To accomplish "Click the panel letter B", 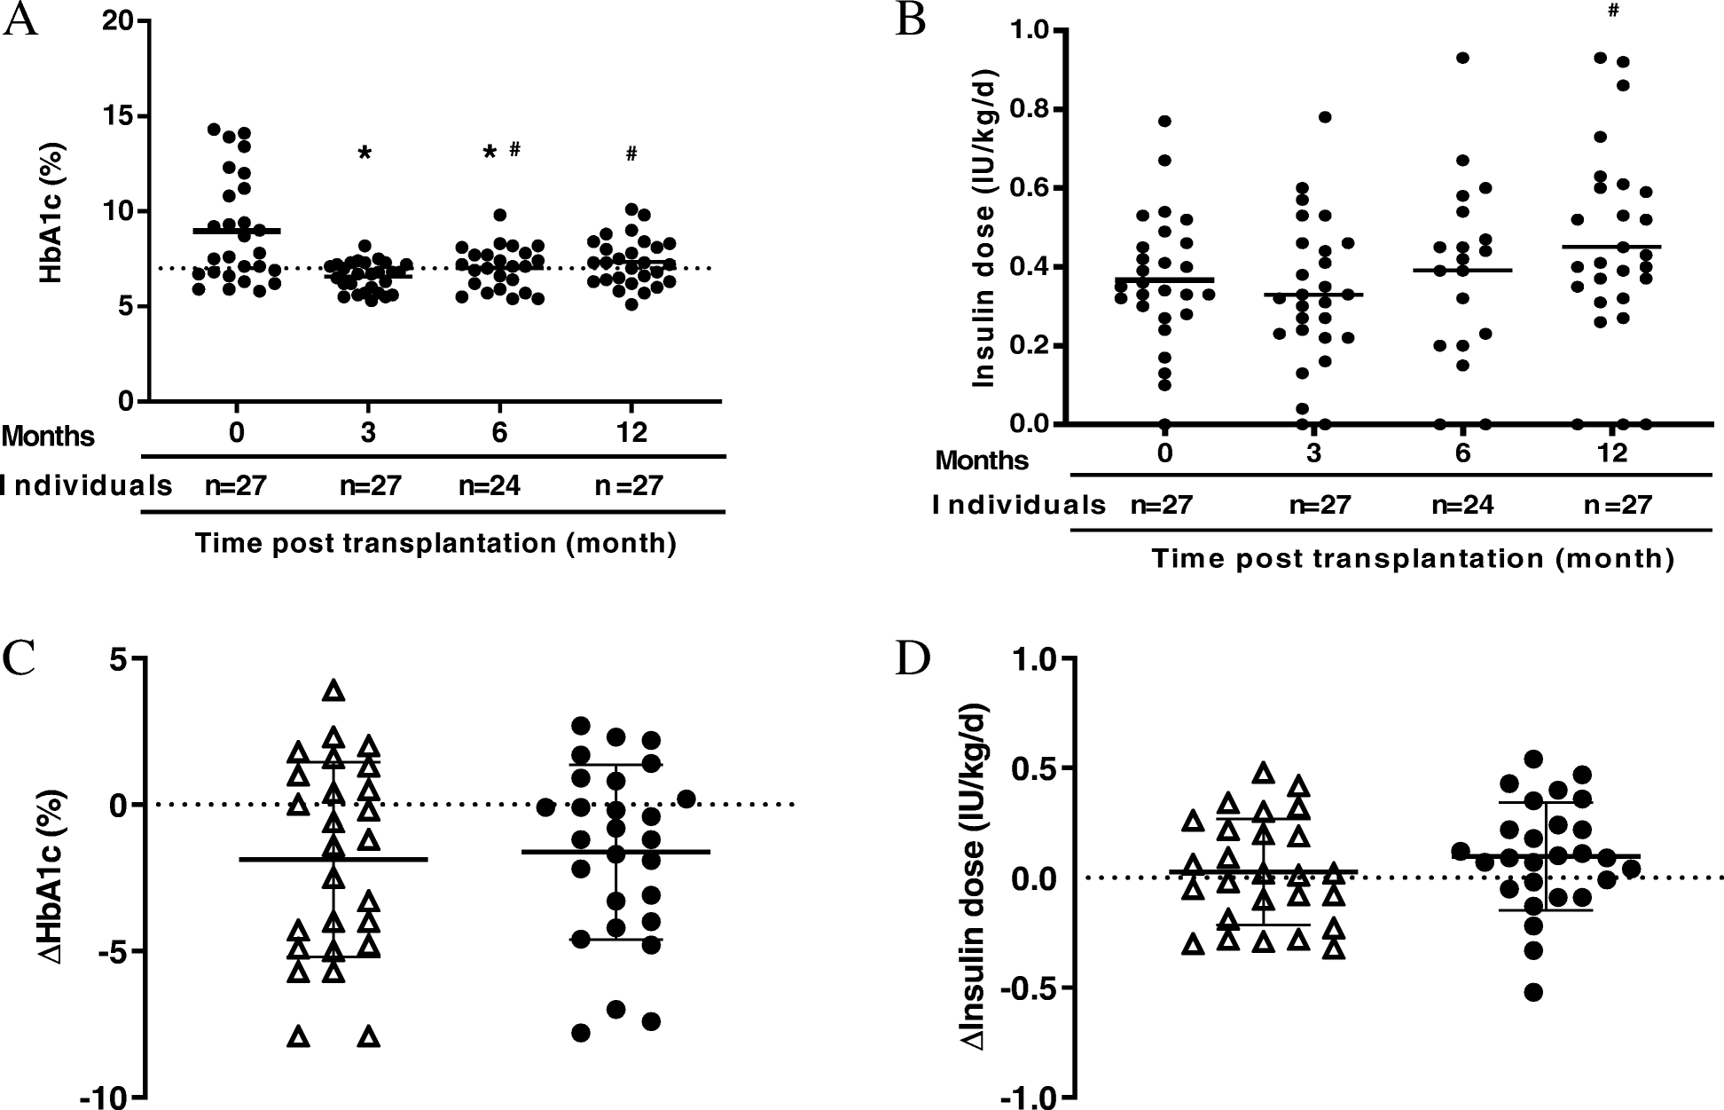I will [x=911, y=20].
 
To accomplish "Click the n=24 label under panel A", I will [x=489, y=485].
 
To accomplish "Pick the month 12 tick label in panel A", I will [x=631, y=433].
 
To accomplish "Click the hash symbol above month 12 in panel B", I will [x=1613, y=11].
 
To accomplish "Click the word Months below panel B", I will [x=982, y=461].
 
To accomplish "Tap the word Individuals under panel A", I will [x=86, y=485].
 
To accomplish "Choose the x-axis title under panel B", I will [x=1413, y=558].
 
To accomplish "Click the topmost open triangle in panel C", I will [x=333, y=689].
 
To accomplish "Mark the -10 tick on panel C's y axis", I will [x=104, y=1098].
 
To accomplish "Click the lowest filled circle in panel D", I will [x=1532, y=992].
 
